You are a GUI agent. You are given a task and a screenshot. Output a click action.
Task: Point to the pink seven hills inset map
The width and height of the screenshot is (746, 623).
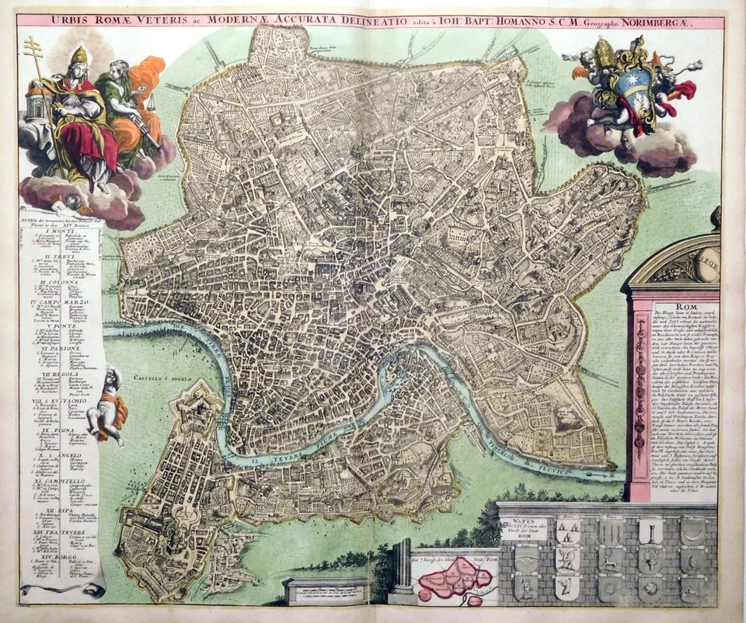(x=452, y=579)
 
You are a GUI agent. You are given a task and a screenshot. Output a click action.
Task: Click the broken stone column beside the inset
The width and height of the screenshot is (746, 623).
(x=402, y=572)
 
